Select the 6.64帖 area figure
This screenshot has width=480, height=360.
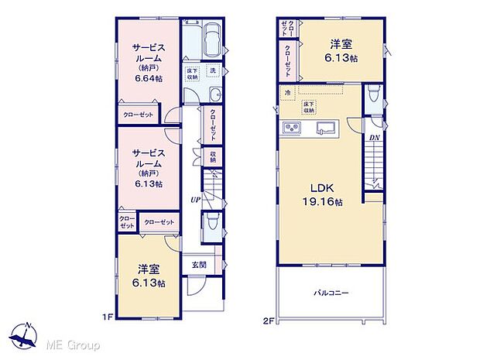pos(146,79)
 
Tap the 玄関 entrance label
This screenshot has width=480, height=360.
pos(198,265)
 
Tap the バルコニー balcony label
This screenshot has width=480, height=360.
pos(331,293)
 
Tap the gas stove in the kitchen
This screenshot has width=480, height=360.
pos(292,128)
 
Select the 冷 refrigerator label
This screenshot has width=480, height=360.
pos(287,93)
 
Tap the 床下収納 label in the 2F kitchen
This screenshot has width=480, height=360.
pos(309,107)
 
